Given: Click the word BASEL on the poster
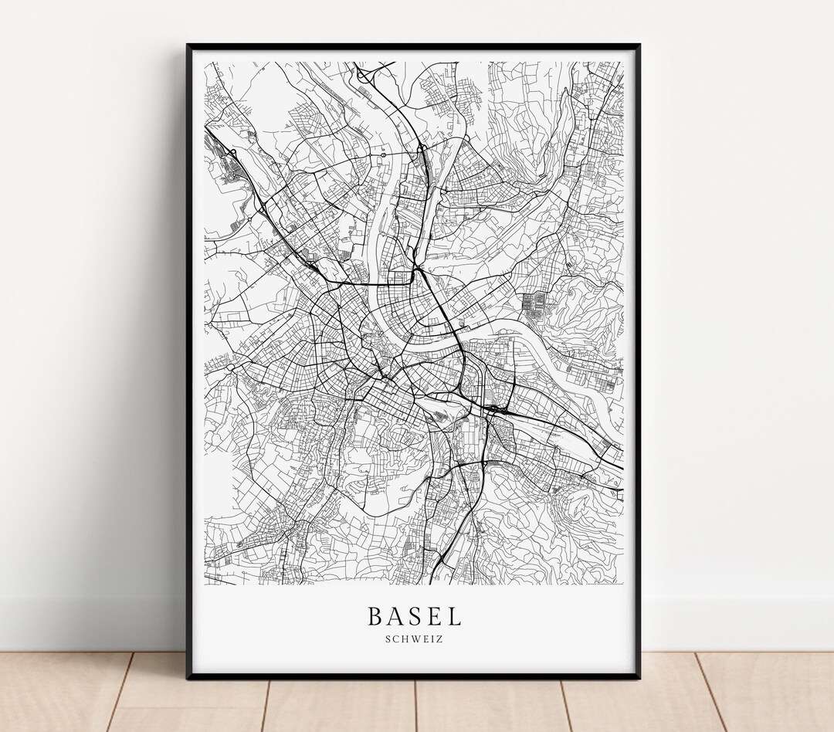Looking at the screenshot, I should tap(414, 616).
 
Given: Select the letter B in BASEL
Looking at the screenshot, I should tap(375, 616).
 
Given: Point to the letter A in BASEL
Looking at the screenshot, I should tap(395, 616).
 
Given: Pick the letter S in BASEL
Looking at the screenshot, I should tap(415, 616).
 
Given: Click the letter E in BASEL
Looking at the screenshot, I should tap(433, 616).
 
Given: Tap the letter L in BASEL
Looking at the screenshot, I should tap(453, 616).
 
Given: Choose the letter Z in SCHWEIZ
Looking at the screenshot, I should tap(440, 639).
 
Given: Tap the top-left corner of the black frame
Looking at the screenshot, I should tap(188, 46).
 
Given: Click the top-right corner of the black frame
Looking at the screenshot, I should tap(639, 46).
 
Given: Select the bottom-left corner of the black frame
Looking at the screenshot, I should tap(188, 677).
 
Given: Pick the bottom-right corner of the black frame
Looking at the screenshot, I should tap(639, 677).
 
